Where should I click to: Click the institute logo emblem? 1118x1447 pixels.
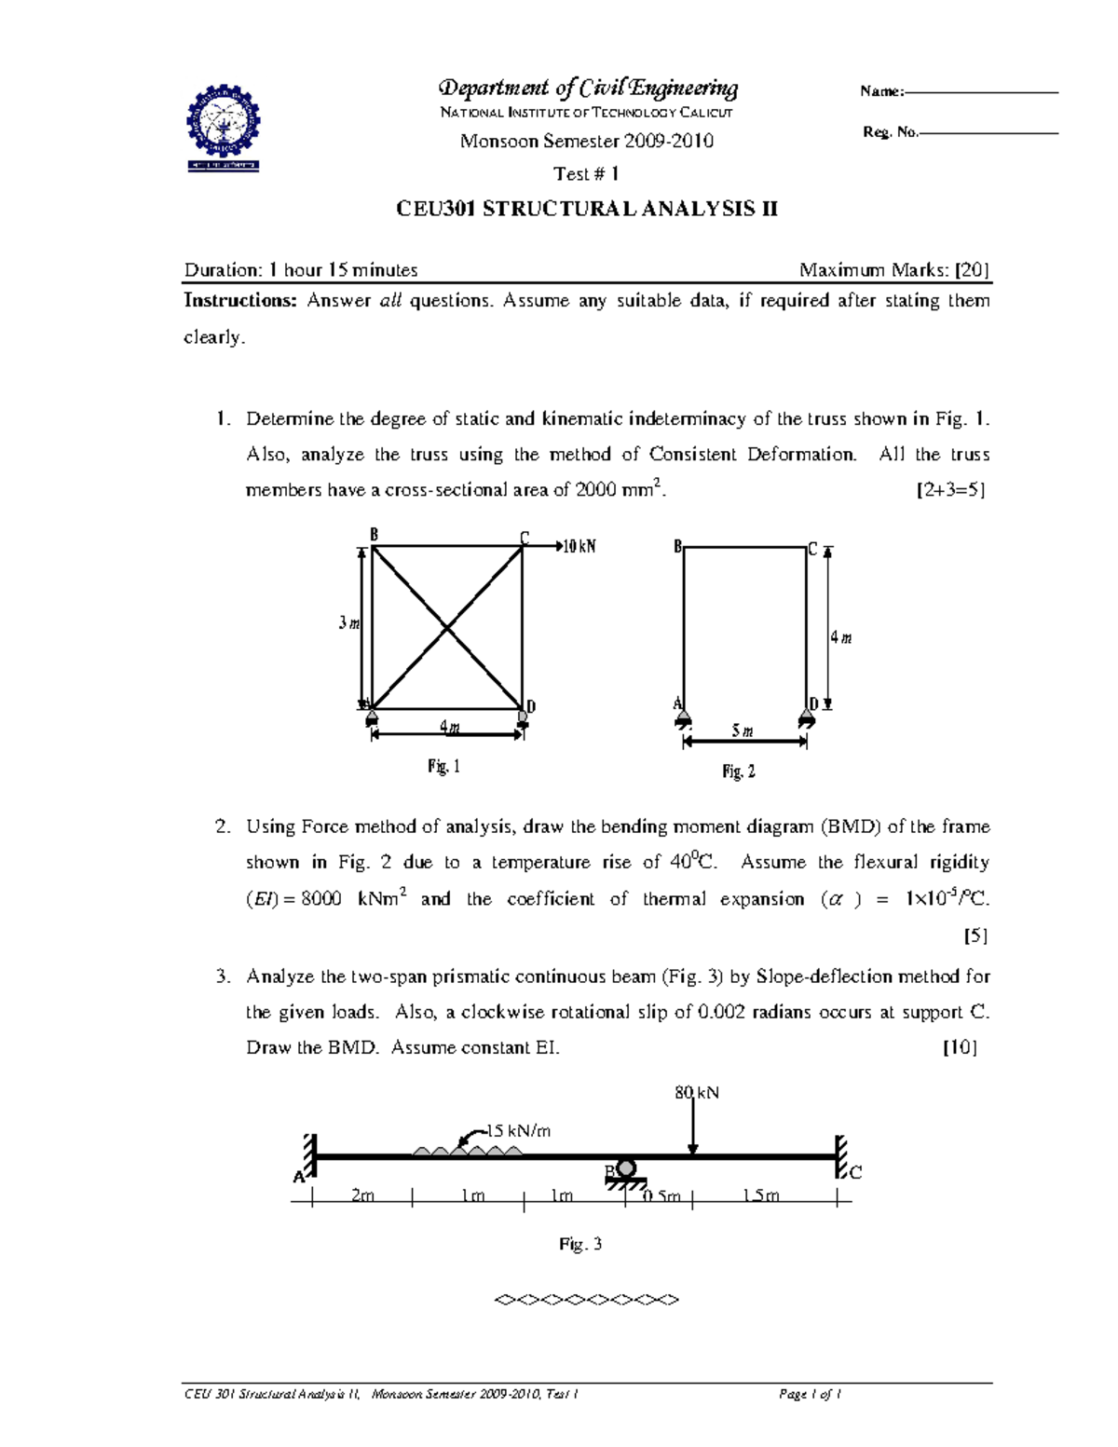pos(224,129)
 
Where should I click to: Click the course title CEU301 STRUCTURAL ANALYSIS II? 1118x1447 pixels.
pos(586,209)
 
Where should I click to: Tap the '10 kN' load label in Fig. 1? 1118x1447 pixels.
pos(579,547)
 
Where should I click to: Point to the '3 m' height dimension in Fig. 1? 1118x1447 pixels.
pos(348,622)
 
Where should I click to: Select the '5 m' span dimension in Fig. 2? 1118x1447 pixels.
pos(743,731)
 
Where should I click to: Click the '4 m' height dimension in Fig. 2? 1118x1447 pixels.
pos(841,638)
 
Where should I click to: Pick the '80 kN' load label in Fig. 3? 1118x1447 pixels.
pos(697,1092)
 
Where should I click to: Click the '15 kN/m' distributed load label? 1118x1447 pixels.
pos(519,1131)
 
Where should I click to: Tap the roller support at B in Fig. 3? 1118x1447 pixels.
pos(626,1171)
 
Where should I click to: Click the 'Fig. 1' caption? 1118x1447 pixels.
pos(443,767)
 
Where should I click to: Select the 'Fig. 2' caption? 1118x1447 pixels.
pos(739,771)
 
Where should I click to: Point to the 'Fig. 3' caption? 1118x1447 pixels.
pos(580,1244)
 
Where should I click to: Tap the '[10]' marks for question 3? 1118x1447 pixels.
pos(960,1047)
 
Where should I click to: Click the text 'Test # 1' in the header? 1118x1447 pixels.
pos(586,174)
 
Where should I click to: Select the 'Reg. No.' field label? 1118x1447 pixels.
pos(890,132)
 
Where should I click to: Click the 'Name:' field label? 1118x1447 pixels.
pos(880,91)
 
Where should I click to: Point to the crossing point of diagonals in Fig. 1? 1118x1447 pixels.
pos(447,628)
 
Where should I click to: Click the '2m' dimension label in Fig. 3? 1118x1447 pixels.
pos(362,1195)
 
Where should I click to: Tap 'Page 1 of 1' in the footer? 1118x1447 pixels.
pos(810,1395)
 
